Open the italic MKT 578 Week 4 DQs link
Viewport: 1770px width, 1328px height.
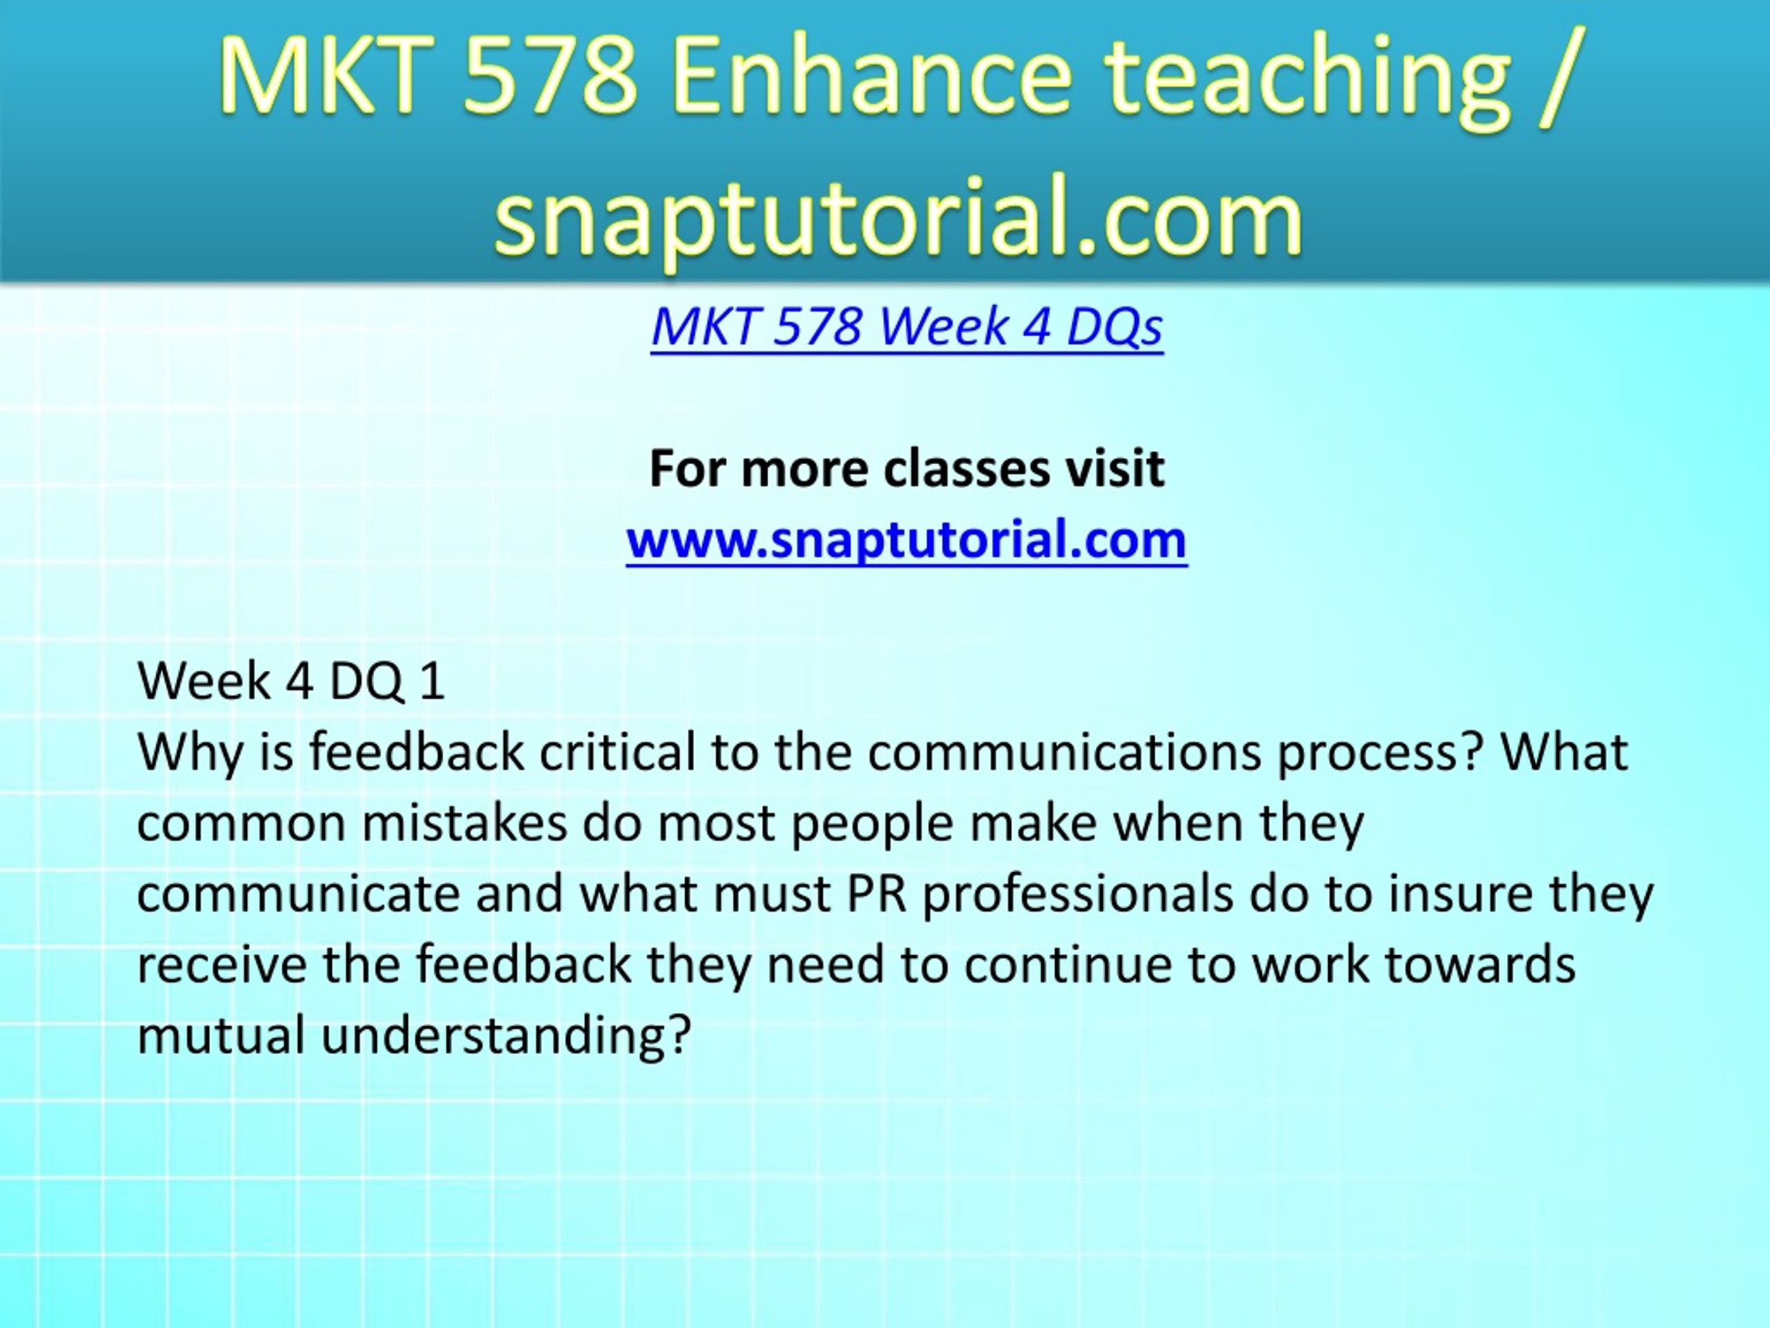[x=906, y=327]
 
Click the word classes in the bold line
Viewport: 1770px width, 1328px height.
[x=967, y=468]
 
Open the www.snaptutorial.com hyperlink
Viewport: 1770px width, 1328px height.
[x=906, y=539]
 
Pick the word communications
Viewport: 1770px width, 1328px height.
[x=1064, y=753]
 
